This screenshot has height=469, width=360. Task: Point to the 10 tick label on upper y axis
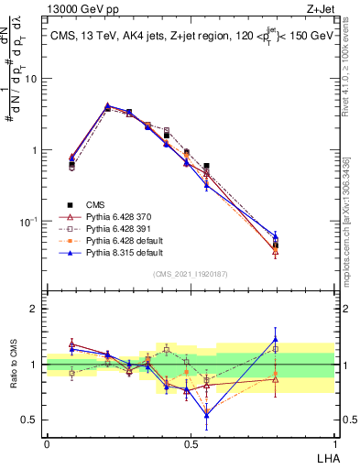pos(30,79)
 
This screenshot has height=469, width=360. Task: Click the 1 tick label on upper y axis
pos(33,150)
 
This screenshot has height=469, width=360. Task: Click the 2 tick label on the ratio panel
pos(33,309)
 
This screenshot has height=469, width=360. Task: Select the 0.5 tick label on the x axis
pos(191,444)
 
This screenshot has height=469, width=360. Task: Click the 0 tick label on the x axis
pos(47,444)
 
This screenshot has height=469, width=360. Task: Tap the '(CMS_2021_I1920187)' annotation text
pos(190,274)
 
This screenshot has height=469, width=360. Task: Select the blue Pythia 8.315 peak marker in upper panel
pos(107,105)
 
